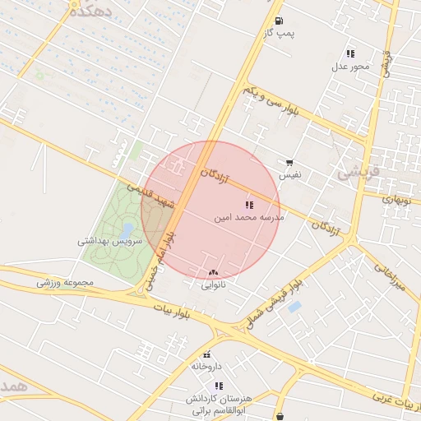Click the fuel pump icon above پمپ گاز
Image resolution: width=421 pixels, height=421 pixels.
(x=280, y=21)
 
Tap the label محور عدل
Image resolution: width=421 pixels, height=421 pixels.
(x=351, y=66)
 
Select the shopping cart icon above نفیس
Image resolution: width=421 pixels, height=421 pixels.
(x=289, y=163)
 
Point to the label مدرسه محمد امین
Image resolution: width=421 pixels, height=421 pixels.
(x=249, y=218)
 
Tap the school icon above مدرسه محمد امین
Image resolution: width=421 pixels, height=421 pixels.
(x=249, y=205)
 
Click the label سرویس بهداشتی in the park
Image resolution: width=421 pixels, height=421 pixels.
(x=110, y=242)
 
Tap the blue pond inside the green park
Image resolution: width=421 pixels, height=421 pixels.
(x=127, y=229)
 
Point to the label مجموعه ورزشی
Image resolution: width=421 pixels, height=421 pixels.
(x=66, y=283)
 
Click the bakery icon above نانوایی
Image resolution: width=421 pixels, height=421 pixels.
(x=214, y=272)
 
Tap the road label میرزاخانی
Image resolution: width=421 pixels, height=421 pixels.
(x=390, y=277)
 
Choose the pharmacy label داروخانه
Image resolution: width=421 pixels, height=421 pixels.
(x=207, y=365)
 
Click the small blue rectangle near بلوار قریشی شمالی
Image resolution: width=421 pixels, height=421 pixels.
(x=294, y=307)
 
